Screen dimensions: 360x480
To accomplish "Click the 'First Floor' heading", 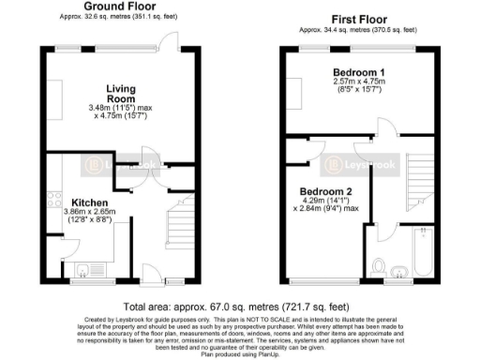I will point(360,18).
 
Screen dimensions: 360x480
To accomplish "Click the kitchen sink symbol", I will point(85,272).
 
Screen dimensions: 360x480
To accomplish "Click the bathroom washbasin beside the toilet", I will point(399,273).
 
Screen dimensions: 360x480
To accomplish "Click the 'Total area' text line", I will point(239,307).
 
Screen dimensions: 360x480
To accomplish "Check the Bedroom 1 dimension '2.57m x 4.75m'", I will point(358,83).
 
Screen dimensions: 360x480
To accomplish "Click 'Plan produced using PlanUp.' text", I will point(239,354).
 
